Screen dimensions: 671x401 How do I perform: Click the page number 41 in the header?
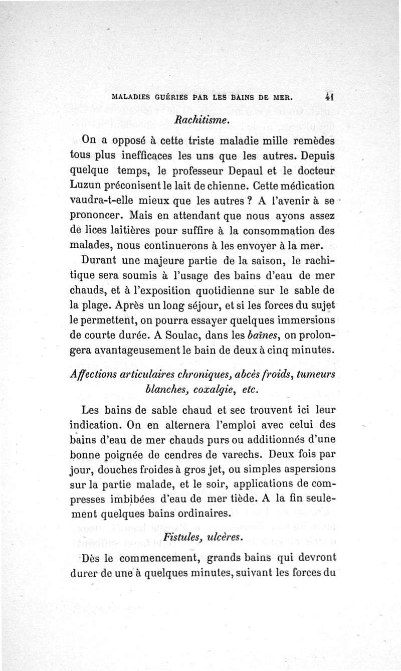[x=329, y=97]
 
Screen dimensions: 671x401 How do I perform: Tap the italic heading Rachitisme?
[x=200, y=120]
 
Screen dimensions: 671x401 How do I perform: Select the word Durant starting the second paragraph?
[x=99, y=261]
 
